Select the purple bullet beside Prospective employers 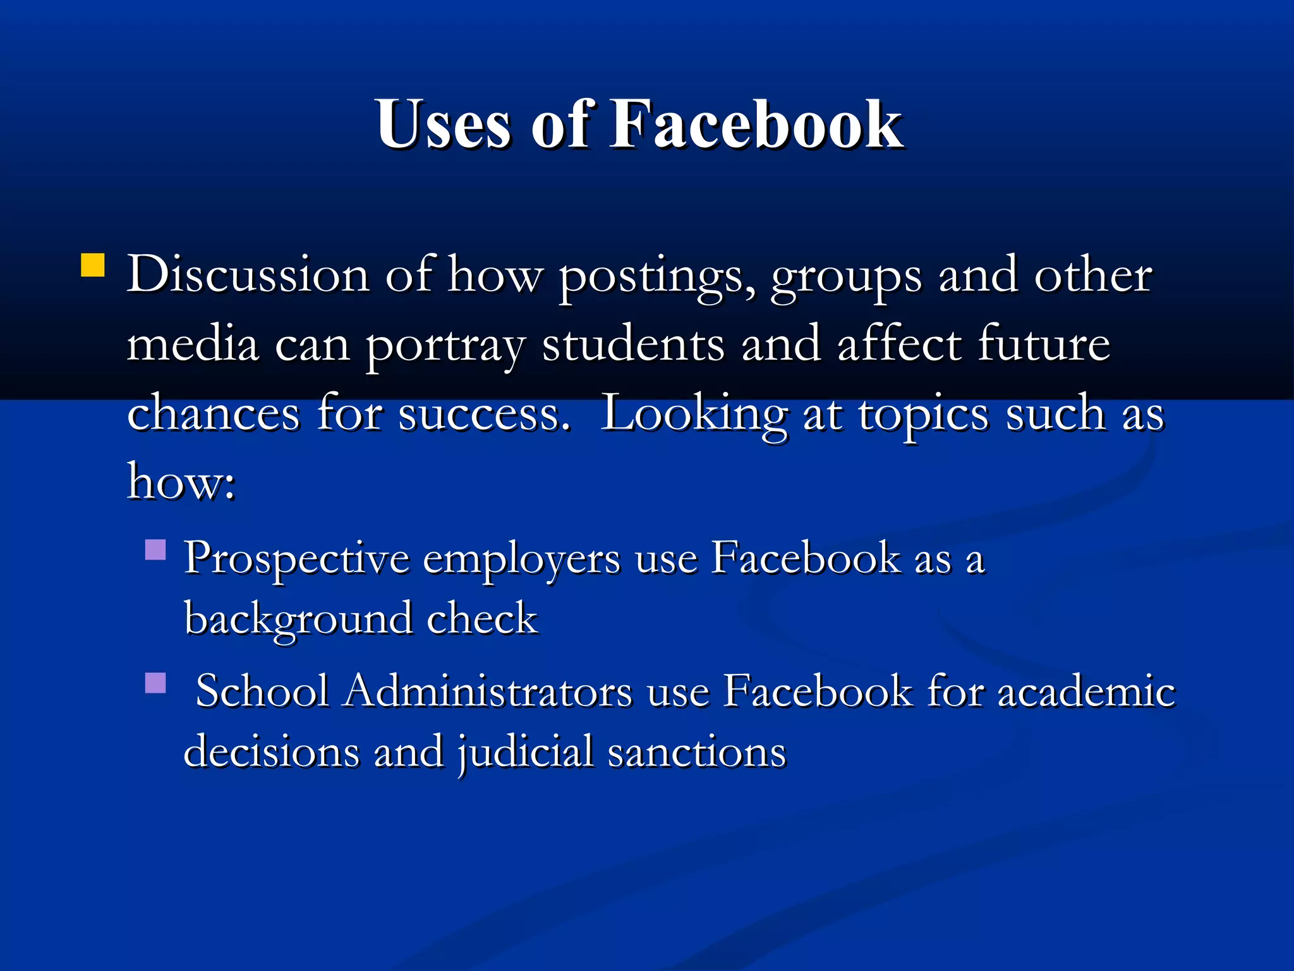point(155,550)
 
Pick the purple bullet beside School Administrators point(155,683)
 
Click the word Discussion point(248,276)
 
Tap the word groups point(846,278)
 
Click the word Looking point(694,415)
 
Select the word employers point(521,561)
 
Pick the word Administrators point(487,690)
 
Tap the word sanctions point(697,752)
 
